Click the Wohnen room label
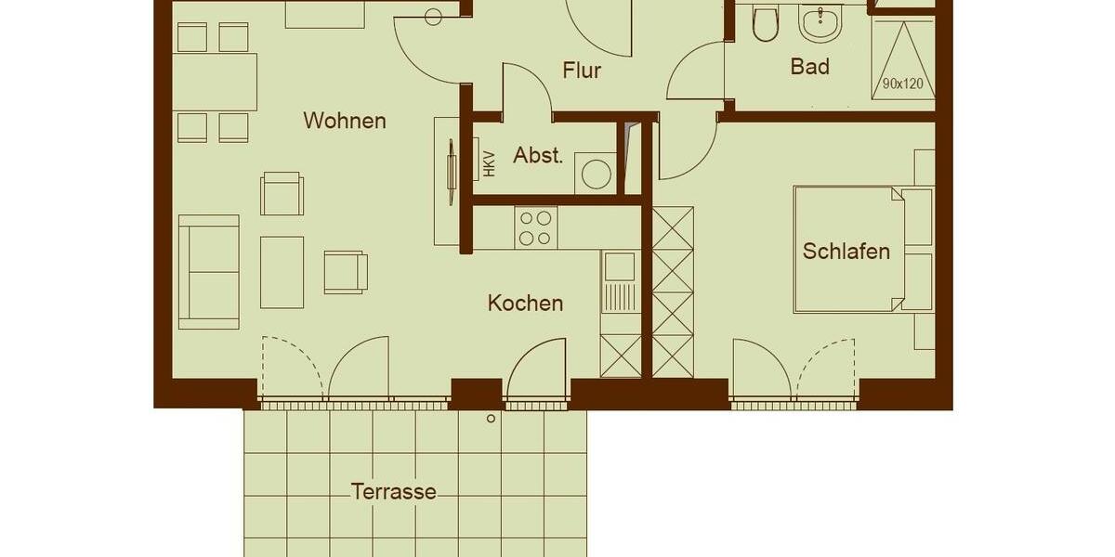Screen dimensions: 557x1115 tap(344, 121)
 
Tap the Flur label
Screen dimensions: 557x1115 tap(582, 71)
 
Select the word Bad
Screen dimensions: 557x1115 tap(809, 67)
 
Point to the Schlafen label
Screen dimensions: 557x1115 tap(846, 252)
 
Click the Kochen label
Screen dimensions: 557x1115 tap(525, 303)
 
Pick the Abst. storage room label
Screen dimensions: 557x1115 tap(538, 155)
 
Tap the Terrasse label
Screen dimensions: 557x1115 tap(393, 492)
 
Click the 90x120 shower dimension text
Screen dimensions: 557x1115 tap(902, 84)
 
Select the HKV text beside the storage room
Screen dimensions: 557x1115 tap(489, 163)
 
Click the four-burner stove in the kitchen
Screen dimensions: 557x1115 tap(534, 227)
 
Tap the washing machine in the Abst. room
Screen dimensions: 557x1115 tap(596, 174)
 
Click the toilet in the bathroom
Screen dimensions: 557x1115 tap(766, 25)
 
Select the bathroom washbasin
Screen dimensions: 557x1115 tap(820, 23)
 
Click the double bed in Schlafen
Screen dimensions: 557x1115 tap(847, 249)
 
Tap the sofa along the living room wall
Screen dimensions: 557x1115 tap(208, 271)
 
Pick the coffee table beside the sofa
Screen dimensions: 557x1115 tap(282, 271)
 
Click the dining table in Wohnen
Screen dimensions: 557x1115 tap(214, 82)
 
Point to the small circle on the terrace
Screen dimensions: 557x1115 tap(491, 419)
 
